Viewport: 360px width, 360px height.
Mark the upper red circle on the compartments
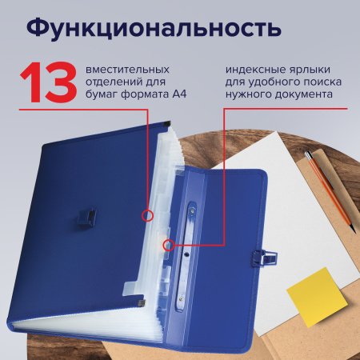[x=146, y=215]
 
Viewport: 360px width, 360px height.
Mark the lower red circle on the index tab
[x=168, y=246]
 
